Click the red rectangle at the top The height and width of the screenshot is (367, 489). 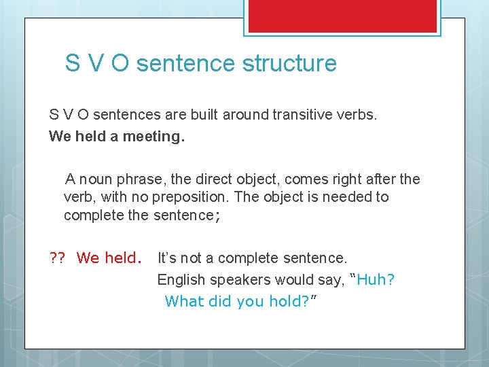click(x=342, y=15)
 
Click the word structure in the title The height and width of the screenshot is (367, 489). click(x=295, y=63)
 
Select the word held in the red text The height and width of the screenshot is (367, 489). click(x=123, y=258)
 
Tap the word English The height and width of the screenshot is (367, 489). click(x=181, y=280)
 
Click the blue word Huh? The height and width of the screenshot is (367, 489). click(x=376, y=280)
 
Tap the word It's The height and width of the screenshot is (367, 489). click(x=169, y=258)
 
